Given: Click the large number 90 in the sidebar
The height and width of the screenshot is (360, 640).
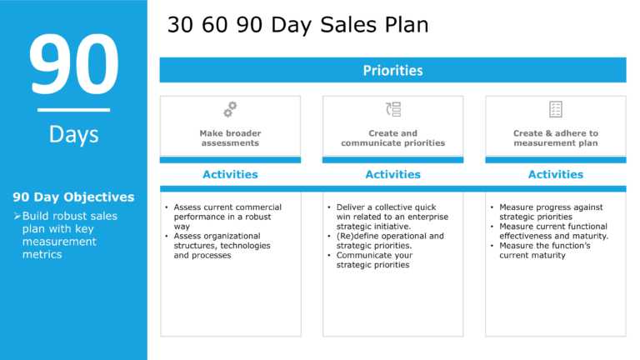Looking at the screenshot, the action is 74,64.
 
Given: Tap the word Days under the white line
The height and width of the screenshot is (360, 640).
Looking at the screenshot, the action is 74,135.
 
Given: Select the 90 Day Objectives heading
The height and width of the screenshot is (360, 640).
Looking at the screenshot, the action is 73,197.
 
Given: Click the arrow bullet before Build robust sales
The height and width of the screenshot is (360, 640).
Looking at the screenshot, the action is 17,216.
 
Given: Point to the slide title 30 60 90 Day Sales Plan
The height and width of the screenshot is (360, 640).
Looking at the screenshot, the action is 298,25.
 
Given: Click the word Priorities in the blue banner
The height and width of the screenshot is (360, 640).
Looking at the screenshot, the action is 392,71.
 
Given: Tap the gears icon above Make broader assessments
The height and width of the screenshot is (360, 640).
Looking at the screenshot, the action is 230,109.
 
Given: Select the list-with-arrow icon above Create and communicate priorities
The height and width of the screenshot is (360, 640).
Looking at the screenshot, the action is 393,109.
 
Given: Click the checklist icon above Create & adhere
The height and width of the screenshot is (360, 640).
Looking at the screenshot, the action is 556,109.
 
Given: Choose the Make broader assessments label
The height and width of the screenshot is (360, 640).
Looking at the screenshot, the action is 230,138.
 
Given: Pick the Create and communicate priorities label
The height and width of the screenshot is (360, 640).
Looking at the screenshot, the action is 393,138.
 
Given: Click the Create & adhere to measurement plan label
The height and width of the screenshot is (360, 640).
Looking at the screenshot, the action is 556,138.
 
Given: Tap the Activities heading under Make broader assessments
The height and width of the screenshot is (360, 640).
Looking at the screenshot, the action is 230,174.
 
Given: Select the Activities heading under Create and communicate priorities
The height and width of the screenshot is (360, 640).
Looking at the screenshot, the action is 392,174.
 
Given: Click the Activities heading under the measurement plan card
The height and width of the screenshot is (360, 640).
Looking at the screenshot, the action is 556,174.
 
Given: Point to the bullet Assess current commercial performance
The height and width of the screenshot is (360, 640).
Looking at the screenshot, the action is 227,217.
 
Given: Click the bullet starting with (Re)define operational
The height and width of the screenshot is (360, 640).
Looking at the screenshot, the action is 390,241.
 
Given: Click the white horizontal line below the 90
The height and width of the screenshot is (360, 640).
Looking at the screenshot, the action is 73,110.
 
